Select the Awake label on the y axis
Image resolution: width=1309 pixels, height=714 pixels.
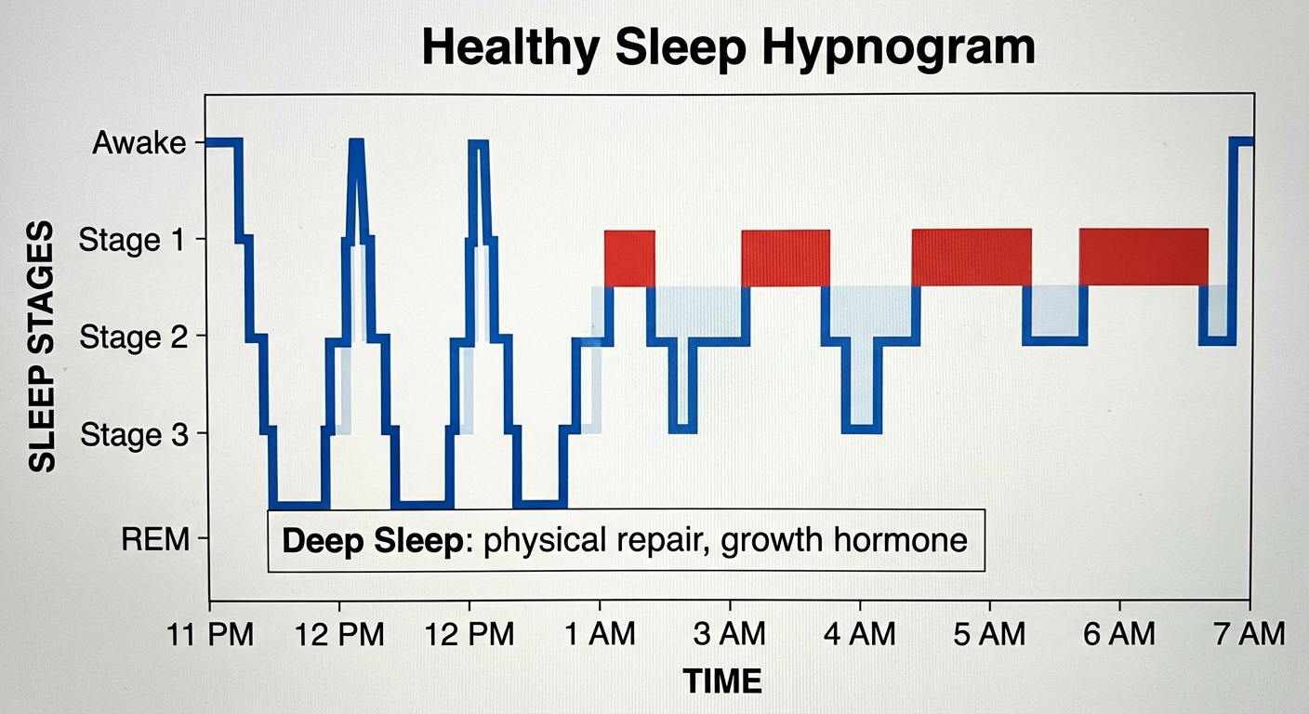tap(139, 143)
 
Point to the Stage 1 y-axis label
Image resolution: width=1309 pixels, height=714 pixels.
tap(132, 240)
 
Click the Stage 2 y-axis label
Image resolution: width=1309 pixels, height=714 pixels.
tap(132, 337)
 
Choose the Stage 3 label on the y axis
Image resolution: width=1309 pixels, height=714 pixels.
tap(132, 434)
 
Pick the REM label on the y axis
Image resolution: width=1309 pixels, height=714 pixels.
tap(154, 538)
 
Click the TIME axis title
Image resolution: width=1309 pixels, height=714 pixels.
tap(722, 681)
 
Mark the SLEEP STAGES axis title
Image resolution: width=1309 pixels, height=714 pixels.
tap(42, 346)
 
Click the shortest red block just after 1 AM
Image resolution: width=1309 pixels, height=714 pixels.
tap(629, 258)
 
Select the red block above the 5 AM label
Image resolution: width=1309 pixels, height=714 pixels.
tap(972, 258)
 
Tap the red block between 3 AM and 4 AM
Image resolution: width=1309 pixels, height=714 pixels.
tap(785, 258)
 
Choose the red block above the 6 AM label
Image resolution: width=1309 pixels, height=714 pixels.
tap(1144, 258)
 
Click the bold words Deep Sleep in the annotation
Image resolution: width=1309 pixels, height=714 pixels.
tap(372, 541)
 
